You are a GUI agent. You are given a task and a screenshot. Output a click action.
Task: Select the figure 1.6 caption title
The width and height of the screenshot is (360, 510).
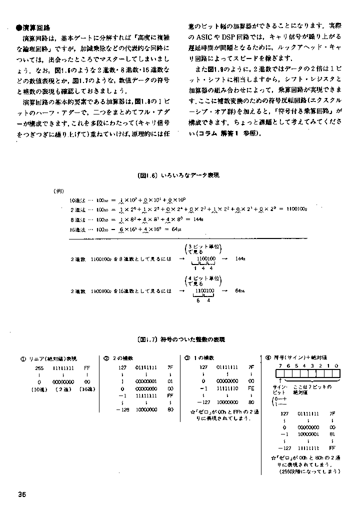179,175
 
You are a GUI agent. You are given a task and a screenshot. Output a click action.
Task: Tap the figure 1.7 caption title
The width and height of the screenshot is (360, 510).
180,339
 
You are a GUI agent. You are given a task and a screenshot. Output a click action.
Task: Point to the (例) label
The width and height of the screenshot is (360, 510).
58,191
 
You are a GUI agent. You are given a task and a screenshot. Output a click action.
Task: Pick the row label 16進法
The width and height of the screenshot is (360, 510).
79,229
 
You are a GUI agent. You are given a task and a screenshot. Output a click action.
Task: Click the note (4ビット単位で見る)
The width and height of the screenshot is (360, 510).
203,280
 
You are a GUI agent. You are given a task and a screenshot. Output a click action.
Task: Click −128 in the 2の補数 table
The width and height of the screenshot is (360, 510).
122,409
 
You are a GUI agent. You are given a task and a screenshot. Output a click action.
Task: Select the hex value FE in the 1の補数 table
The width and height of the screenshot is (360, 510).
251,388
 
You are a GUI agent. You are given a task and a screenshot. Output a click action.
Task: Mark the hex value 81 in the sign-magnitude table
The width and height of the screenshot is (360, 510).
333,434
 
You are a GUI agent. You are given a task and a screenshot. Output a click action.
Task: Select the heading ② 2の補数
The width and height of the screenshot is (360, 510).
118,358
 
